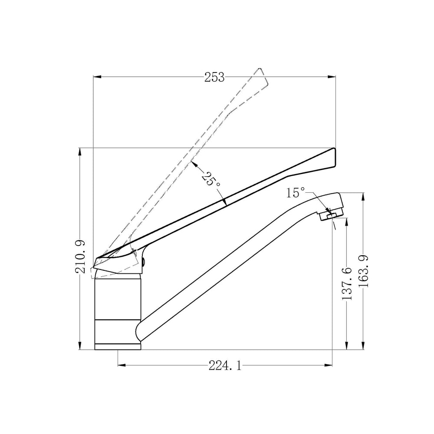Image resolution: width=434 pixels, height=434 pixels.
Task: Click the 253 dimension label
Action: point(214,77)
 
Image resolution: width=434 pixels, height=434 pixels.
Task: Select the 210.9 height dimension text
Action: point(81,256)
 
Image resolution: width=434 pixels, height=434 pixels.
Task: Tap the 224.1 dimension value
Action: point(225,366)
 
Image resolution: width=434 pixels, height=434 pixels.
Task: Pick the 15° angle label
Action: point(295,193)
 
